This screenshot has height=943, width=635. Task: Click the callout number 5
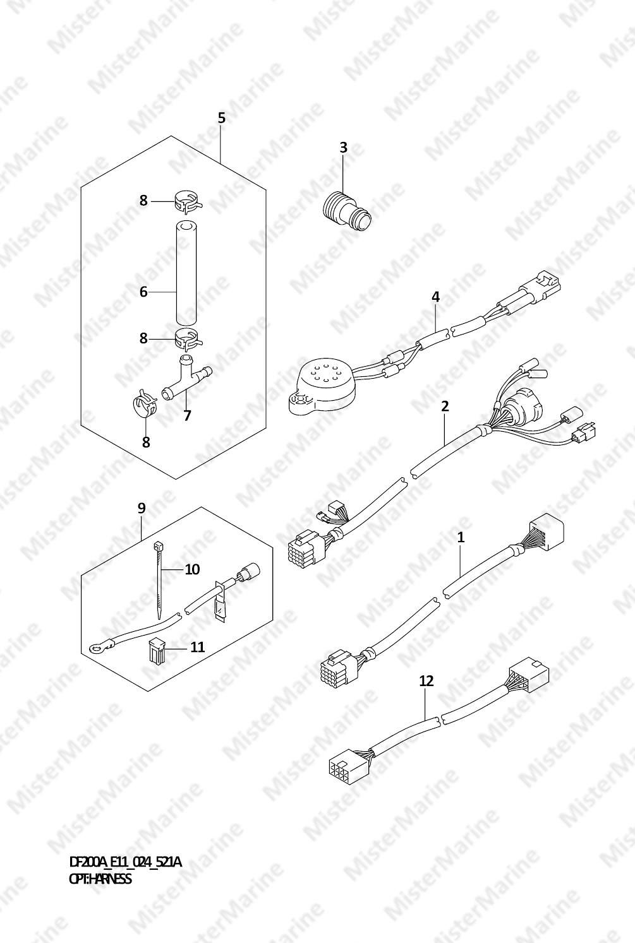(222, 118)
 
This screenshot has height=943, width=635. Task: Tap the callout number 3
(344, 148)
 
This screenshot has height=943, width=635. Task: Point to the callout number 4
(436, 297)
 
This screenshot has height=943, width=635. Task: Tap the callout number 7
(187, 415)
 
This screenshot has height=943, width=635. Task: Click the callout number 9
(142, 508)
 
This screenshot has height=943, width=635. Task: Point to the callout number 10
(192, 569)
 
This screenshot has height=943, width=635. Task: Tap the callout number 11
(197, 646)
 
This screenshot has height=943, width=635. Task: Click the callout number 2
(445, 406)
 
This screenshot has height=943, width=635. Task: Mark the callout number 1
(461, 537)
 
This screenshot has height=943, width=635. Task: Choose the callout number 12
(426, 680)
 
